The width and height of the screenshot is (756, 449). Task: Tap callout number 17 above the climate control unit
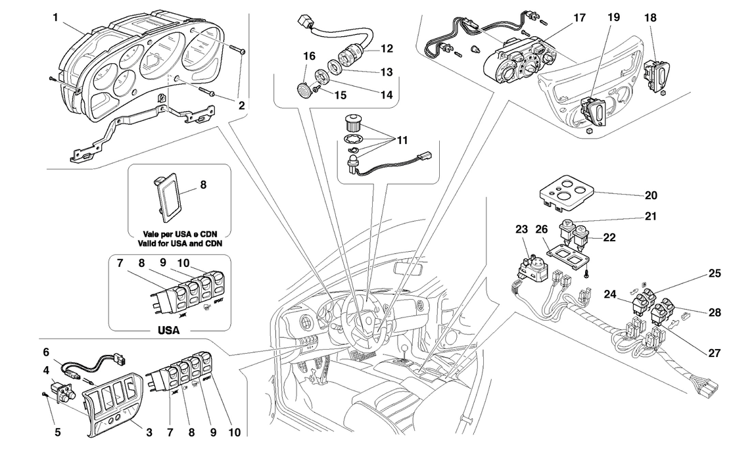[x=579, y=18]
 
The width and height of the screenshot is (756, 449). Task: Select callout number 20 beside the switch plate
[x=651, y=195]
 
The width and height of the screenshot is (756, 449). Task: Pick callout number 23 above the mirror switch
[x=521, y=230]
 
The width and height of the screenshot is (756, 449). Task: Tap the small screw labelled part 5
[x=43, y=394]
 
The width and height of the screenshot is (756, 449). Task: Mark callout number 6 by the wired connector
[x=47, y=352]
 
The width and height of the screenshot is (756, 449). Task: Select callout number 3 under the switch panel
[x=149, y=432]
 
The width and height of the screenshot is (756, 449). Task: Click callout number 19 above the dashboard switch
[x=613, y=18]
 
